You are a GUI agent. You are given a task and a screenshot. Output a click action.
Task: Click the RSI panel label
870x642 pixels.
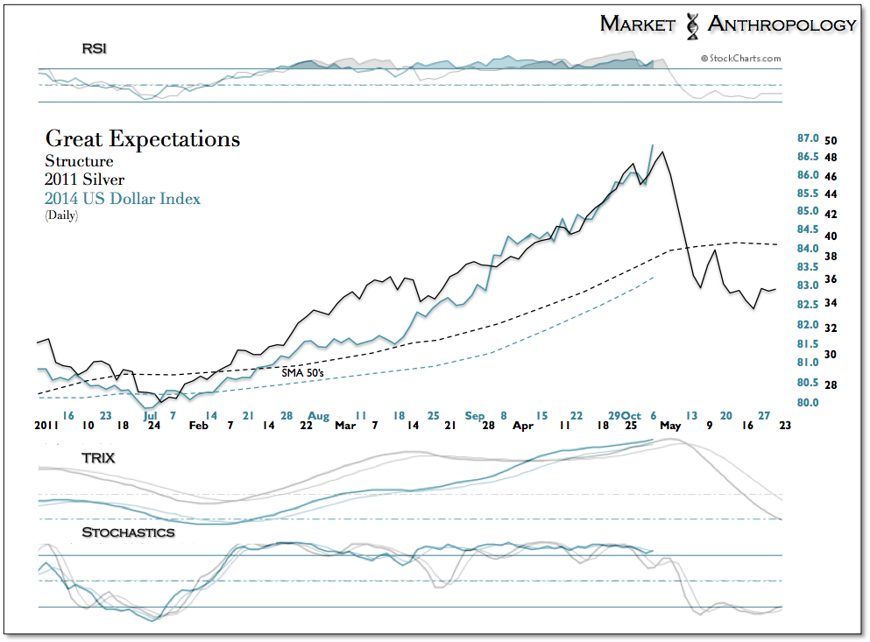[95, 49]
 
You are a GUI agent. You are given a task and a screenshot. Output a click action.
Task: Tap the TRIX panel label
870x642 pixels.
[98, 457]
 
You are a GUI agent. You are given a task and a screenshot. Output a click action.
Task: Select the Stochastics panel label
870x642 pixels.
[128, 533]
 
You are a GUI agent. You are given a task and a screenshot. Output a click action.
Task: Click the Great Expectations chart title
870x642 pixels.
[142, 139]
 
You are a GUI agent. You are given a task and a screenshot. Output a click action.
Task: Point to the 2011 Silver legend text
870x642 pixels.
[84, 180]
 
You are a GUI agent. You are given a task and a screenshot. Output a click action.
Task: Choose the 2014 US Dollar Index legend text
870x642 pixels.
[123, 199]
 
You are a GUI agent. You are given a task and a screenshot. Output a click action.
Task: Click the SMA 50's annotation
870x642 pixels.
[303, 372]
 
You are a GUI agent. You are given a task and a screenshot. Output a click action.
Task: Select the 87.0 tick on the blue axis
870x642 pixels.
[807, 138]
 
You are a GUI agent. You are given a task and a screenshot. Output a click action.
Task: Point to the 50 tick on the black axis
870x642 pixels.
[831, 140]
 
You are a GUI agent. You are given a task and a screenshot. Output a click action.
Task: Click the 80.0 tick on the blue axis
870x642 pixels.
[807, 403]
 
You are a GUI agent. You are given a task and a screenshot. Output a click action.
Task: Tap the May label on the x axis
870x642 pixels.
[669, 425]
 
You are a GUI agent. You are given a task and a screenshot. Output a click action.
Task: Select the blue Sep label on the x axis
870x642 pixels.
[475, 415]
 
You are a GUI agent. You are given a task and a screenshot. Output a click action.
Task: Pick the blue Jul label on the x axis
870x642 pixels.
[150, 415]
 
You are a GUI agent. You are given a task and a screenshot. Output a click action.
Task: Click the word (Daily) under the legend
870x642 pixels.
[61, 215]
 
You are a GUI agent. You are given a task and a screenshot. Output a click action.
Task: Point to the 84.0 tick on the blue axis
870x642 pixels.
[807, 249]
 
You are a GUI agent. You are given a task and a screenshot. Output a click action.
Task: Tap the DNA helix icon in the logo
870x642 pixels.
[691, 24]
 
